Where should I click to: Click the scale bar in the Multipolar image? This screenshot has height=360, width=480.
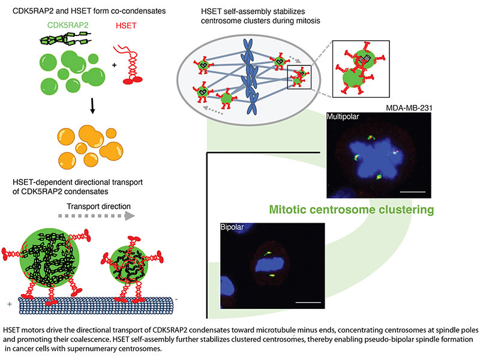(x=413, y=191)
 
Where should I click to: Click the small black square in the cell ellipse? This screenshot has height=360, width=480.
(x=298, y=79)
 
